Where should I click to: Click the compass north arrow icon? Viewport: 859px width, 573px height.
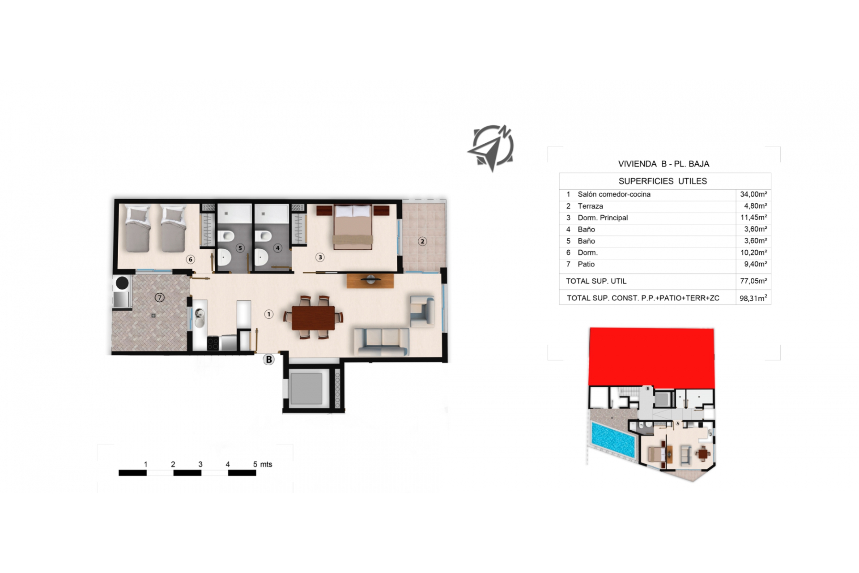[491, 148]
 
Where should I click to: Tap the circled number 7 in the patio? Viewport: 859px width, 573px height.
[159, 298]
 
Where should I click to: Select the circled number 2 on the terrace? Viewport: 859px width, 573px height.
[422, 241]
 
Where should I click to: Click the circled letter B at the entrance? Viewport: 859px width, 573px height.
[268, 359]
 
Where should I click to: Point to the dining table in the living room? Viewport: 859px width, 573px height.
[313, 318]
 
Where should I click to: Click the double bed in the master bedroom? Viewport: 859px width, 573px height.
[353, 226]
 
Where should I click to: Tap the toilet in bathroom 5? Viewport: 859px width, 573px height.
[226, 236]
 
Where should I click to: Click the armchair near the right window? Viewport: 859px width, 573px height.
[422, 311]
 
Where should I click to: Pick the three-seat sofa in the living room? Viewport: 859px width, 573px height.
[382, 342]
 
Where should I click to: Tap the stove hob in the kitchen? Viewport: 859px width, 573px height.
[213, 343]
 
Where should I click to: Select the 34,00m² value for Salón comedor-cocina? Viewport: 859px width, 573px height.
[753, 194]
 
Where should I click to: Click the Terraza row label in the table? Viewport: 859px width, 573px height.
[590, 206]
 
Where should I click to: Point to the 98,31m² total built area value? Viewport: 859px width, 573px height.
[753, 298]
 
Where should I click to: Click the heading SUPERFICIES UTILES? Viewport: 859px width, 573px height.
[663, 181]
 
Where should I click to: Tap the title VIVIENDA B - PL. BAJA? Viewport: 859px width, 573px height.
[663, 164]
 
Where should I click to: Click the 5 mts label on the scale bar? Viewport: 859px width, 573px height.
[263, 464]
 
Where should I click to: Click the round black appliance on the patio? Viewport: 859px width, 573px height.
[122, 283]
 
